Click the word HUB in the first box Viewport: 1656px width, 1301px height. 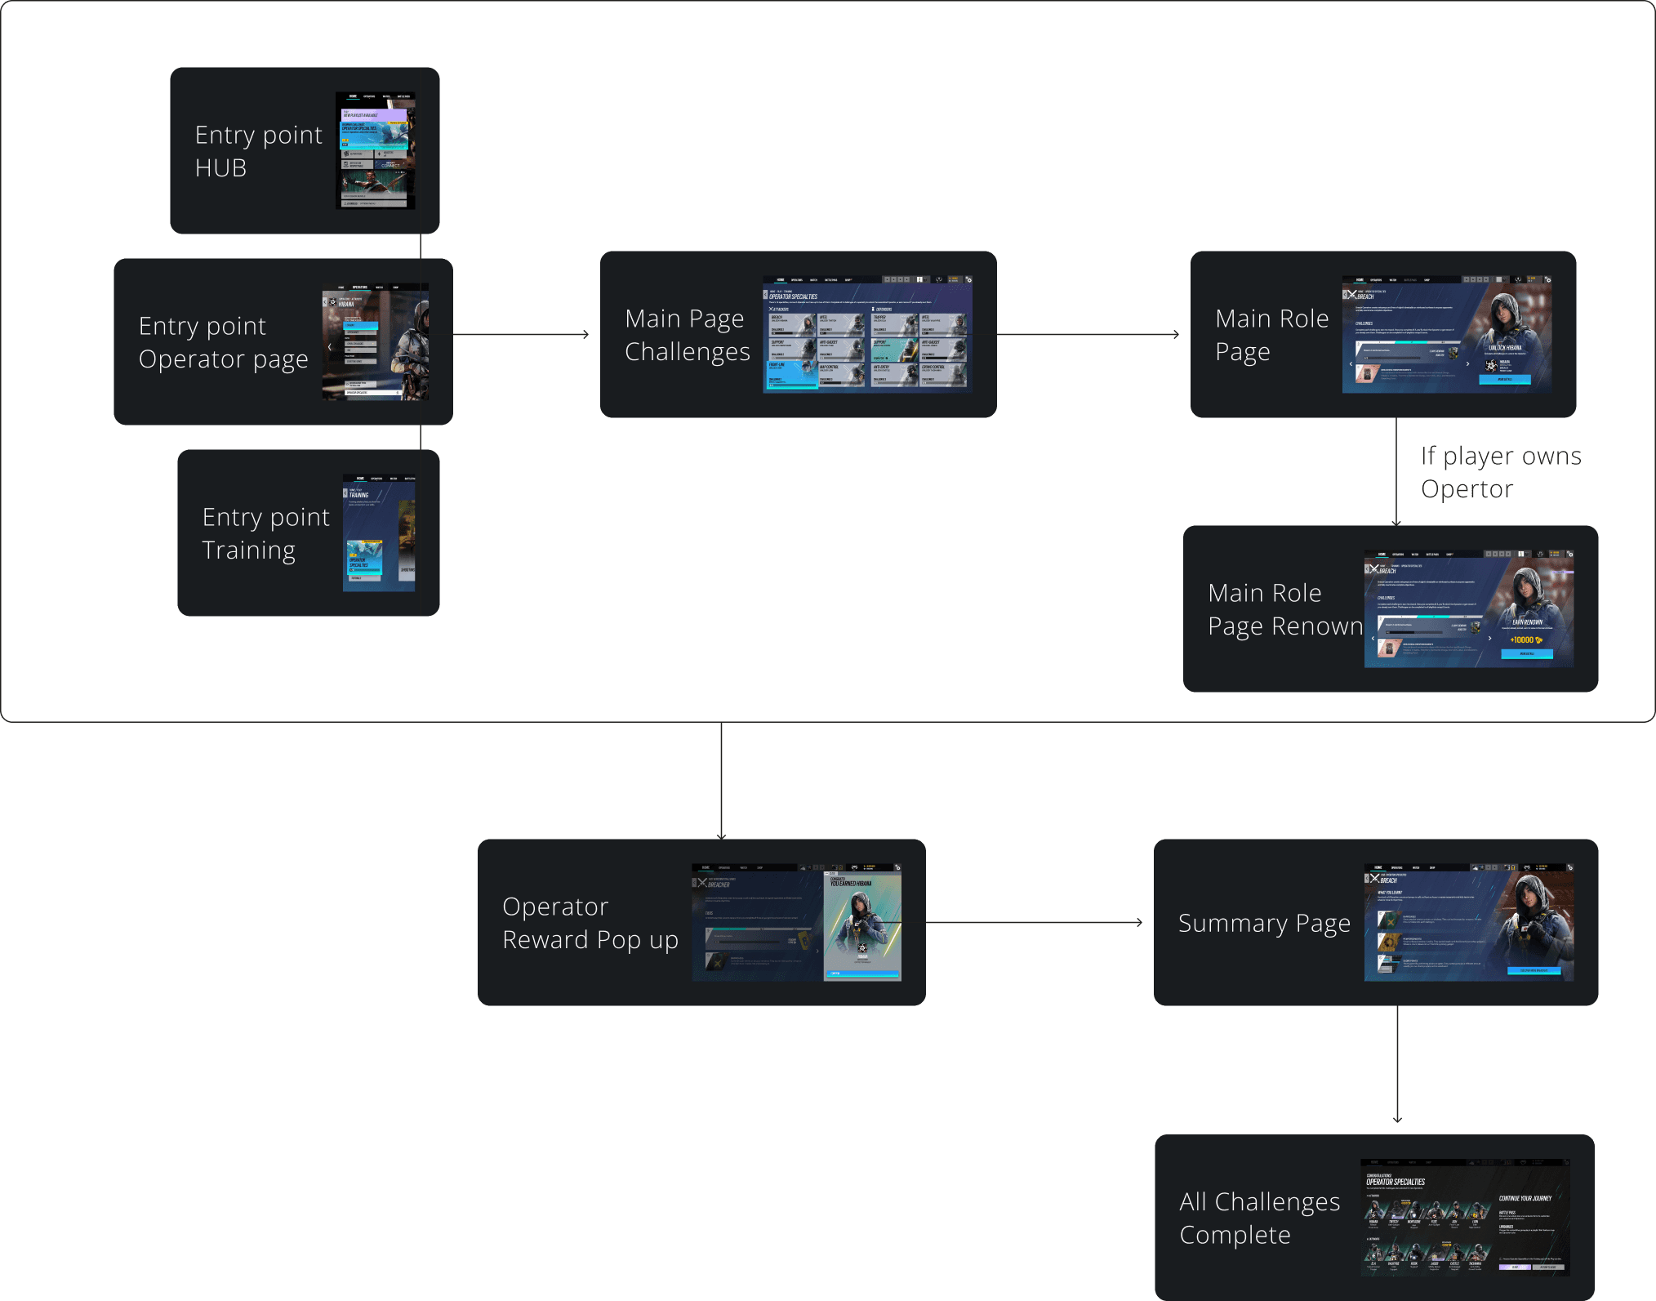coord(220,168)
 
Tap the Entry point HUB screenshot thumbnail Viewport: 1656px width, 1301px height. coord(376,150)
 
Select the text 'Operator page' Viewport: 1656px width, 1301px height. coord(223,359)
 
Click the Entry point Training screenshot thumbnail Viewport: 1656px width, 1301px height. coord(379,532)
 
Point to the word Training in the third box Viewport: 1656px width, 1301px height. coord(248,550)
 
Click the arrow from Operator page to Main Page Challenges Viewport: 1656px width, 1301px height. coord(521,334)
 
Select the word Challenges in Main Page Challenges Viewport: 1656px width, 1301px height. coord(687,352)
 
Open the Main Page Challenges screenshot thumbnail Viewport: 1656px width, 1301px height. coord(867,334)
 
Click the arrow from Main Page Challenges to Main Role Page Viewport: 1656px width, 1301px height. coord(1088,334)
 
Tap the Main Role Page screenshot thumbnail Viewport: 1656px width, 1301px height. coord(1446,334)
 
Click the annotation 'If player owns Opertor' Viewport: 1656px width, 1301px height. coord(1499,472)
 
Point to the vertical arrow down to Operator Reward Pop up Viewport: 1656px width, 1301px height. coord(721,780)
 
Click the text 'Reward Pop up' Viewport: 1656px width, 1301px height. coord(590,940)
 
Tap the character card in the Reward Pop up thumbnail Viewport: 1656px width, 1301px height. coord(862,923)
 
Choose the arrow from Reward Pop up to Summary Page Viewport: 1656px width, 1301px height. coord(1034,923)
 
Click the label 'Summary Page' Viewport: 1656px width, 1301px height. coord(1263,923)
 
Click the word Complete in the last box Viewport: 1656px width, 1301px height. coord(1235,1235)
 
